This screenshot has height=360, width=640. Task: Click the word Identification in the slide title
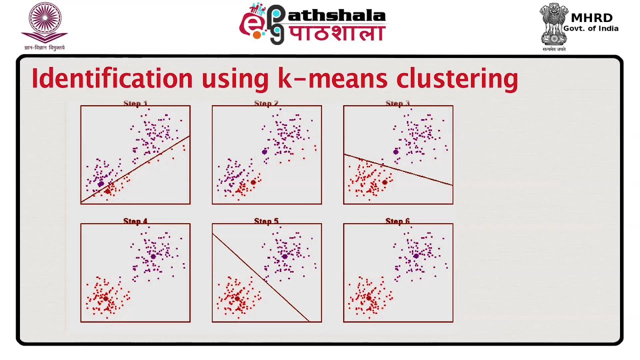[x=111, y=79]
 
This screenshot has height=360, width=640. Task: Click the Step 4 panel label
[x=135, y=221]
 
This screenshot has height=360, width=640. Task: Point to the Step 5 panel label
[x=266, y=221]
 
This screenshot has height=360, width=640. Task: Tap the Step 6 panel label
[x=397, y=221]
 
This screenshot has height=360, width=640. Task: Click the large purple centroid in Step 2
[x=264, y=151]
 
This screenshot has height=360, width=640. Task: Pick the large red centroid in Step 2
[x=253, y=182]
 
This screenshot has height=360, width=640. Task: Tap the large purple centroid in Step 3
[x=396, y=151]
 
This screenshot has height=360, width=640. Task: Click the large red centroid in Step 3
[x=384, y=182]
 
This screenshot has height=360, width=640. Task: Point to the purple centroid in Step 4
[x=153, y=256]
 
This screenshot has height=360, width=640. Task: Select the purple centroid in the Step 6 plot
[x=416, y=256]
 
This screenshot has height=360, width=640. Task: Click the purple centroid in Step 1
[x=101, y=184]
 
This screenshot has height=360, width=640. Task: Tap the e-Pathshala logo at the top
[x=312, y=24]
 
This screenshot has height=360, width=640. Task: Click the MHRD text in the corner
[x=591, y=18]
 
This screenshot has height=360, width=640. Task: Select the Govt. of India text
[x=590, y=28]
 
